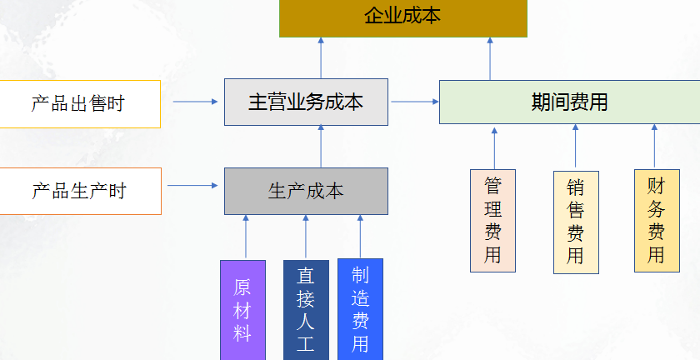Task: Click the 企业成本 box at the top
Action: pyautogui.click(x=403, y=17)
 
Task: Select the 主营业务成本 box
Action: pyautogui.click(x=306, y=102)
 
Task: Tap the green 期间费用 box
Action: pyautogui.click(x=569, y=102)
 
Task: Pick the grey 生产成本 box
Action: pyautogui.click(x=306, y=191)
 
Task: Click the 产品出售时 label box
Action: pyautogui.click(x=79, y=104)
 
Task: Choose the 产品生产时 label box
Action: pyautogui.click(x=79, y=191)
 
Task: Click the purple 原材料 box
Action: pyautogui.click(x=242, y=310)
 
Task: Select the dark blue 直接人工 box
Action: pyautogui.click(x=306, y=310)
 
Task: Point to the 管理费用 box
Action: pyautogui.click(x=492, y=221)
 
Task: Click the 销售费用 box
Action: pyautogui.click(x=575, y=222)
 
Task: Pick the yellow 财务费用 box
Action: pyautogui.click(x=656, y=221)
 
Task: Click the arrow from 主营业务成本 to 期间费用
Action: pyautogui.click(x=414, y=102)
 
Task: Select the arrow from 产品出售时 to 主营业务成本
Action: pyautogui.click(x=195, y=102)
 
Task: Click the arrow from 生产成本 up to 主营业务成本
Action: pyautogui.click(x=321, y=147)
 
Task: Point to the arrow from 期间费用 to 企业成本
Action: pyautogui.click(x=490, y=58)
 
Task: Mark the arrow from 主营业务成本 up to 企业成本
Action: pyautogui.click(x=321, y=58)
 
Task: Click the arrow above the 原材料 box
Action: pyautogui.click(x=246, y=237)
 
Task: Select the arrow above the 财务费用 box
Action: pyautogui.click(x=654, y=147)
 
